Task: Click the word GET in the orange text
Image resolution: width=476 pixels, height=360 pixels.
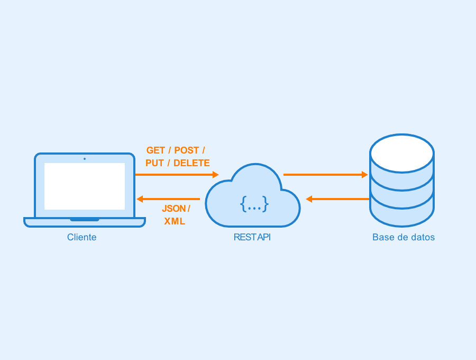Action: [155, 150]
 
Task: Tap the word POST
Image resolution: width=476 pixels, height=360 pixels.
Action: [186, 150]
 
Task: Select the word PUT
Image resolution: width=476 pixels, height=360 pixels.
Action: [154, 163]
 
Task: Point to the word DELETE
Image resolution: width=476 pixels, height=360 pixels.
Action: [191, 163]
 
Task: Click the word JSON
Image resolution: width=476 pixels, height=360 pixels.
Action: [173, 209]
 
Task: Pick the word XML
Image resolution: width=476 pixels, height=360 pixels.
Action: [175, 221]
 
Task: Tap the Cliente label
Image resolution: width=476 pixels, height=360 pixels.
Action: [81, 237]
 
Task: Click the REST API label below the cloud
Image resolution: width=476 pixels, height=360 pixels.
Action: [252, 237]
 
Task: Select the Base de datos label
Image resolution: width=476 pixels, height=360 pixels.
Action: [404, 237]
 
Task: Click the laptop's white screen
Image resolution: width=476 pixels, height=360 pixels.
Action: [85, 186]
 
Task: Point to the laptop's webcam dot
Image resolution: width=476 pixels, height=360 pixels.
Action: [85, 159]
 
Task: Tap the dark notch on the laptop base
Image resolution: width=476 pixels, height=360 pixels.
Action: [85, 219]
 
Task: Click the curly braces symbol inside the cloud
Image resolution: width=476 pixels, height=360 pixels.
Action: [254, 203]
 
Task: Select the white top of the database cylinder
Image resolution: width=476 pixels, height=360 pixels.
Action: [402, 154]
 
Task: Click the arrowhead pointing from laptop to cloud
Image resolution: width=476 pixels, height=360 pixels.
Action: [216, 175]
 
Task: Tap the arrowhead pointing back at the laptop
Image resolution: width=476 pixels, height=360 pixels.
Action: [140, 199]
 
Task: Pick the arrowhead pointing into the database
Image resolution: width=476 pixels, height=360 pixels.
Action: [365, 175]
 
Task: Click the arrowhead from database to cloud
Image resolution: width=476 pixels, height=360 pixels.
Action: [309, 199]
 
